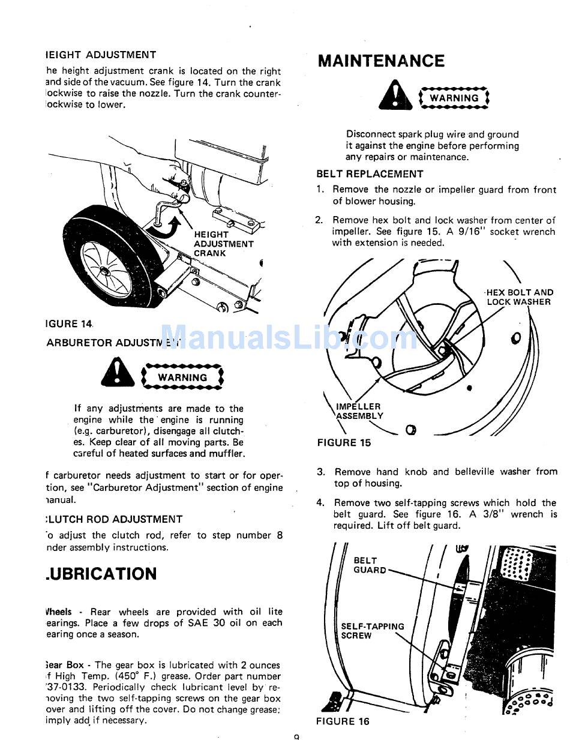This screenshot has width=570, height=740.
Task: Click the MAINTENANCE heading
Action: point(381,61)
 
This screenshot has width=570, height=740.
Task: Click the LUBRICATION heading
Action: point(101,574)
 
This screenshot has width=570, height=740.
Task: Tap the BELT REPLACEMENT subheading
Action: point(370,174)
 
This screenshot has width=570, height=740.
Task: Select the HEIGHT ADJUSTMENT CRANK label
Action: point(223,244)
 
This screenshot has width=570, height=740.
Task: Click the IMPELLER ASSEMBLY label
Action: point(359,411)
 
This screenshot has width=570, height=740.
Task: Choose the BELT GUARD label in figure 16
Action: point(369,565)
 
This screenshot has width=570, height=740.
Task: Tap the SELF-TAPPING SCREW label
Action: point(372,631)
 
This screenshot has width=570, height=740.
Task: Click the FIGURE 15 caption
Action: point(344,443)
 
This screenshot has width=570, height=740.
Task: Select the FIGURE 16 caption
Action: point(343,721)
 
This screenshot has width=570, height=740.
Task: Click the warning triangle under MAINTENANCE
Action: point(395,97)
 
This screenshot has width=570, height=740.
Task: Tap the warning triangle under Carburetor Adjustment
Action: point(118,374)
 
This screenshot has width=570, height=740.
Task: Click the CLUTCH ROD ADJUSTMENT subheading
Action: point(113,519)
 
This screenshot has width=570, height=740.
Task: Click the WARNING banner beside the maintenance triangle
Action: point(454,98)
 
